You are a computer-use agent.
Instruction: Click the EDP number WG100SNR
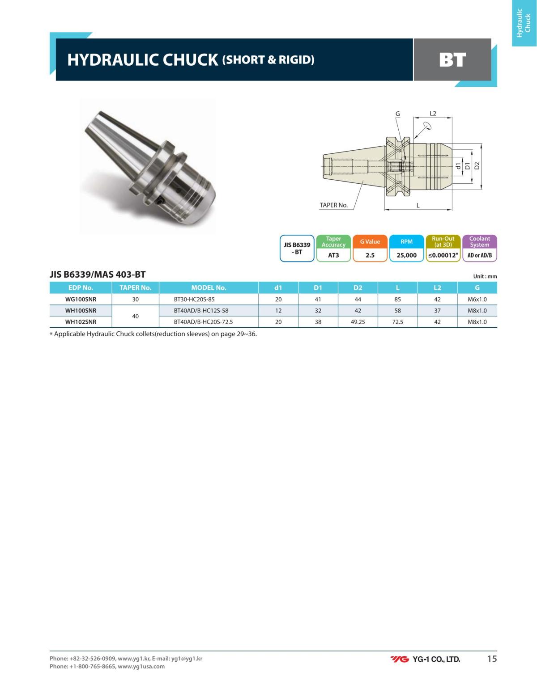81,299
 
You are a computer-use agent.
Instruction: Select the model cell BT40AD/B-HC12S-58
201,310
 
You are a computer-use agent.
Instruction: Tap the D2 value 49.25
358,322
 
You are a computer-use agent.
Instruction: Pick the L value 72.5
397,322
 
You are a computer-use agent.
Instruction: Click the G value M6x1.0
477,299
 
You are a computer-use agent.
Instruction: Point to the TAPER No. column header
135,287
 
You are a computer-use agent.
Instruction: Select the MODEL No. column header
209,287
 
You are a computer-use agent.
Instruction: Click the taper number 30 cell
135,299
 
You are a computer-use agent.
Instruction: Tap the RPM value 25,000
406,255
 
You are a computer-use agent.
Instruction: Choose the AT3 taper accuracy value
333,255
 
